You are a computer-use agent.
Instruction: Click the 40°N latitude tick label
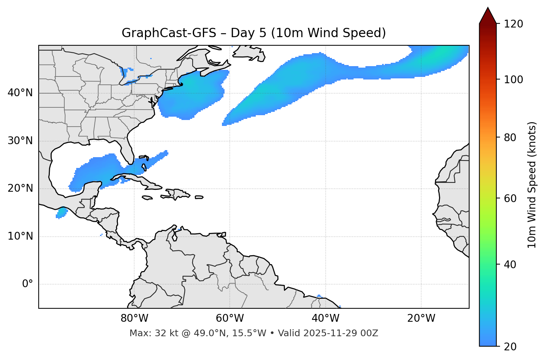[20, 93]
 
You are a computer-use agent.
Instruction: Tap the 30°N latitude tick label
[20, 141]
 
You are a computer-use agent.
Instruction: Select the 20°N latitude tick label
[20, 188]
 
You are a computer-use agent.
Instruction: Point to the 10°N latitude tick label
[20, 236]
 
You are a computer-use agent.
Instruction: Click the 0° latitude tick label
[28, 284]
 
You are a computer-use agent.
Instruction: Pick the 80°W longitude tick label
[134, 318]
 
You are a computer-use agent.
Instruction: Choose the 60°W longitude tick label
[230, 318]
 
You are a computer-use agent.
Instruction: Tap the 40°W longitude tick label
[325, 318]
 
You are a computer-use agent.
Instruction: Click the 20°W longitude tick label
[421, 318]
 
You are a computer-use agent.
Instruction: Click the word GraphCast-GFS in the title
[169, 33]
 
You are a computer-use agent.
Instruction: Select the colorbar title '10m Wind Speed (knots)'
[532, 185]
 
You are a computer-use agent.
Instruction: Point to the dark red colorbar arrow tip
[488, 9]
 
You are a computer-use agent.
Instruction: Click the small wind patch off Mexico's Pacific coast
[62, 213]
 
